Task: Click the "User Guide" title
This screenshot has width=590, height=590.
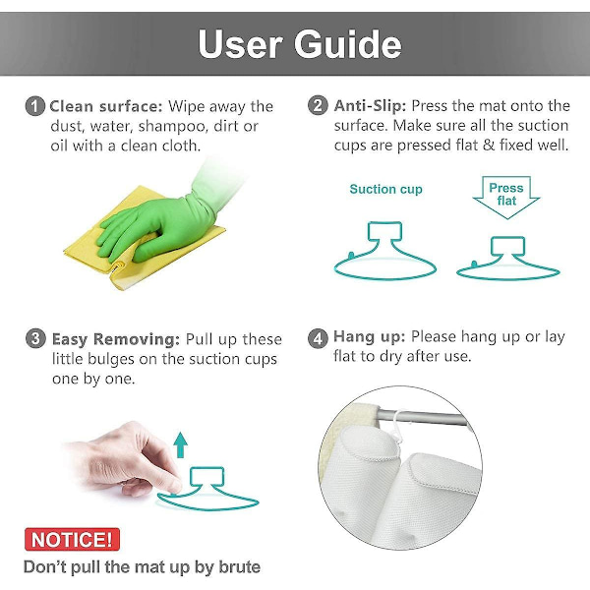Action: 300,44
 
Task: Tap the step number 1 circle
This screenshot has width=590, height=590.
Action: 35,106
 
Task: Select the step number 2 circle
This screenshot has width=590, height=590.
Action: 318,105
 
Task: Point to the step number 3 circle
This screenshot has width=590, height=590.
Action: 35,338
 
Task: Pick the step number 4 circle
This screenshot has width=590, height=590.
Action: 318,338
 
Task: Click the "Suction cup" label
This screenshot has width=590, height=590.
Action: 385,189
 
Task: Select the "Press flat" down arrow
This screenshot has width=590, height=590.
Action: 506,194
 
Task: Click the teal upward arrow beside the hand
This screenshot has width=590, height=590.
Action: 181,444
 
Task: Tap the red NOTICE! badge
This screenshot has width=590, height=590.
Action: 72,539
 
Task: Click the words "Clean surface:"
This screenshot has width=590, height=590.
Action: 106,107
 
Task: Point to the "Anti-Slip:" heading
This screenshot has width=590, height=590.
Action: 370,106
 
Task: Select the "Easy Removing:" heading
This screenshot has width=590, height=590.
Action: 116,339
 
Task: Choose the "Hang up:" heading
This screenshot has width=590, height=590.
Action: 369,337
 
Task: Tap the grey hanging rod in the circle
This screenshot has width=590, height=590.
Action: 423,419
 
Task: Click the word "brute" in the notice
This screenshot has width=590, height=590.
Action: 240,567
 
